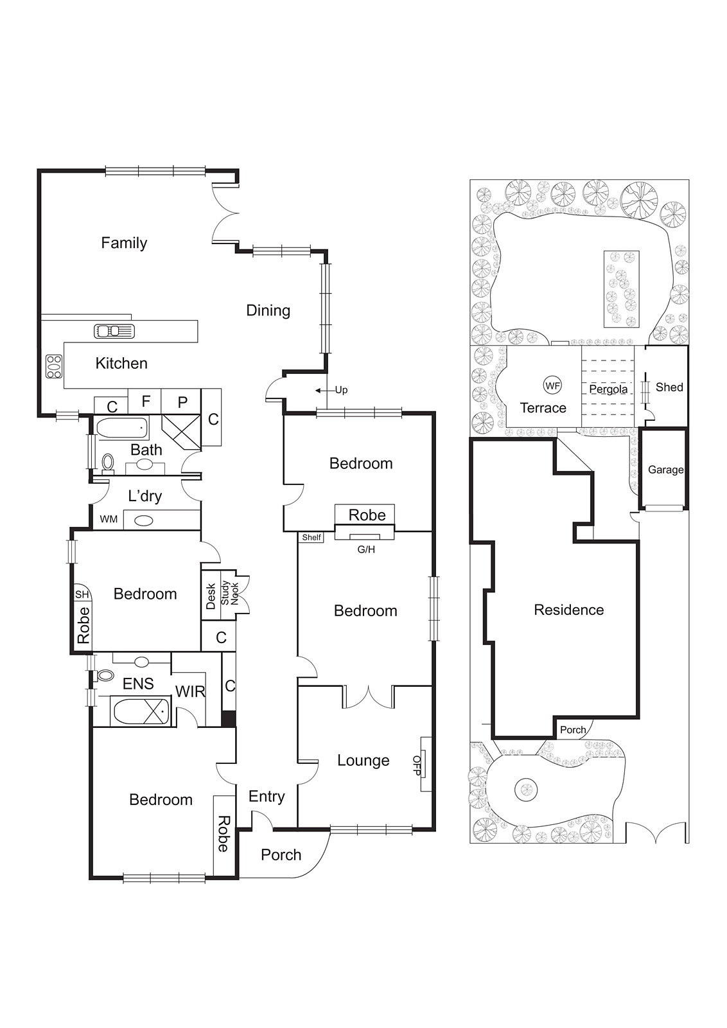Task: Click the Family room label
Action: point(124,243)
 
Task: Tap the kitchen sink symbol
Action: point(115,331)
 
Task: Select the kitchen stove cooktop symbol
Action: point(53,366)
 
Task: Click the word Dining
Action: point(268,310)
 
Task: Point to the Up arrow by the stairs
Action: point(320,390)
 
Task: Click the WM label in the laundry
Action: point(109,519)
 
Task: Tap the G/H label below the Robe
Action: point(366,549)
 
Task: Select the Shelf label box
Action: point(311,537)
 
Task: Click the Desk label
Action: point(211,596)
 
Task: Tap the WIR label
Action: point(190,692)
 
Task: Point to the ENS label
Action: point(138,684)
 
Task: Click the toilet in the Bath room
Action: point(108,461)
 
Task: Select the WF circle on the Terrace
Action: point(552,385)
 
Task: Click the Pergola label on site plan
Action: point(608,389)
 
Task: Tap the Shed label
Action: point(669,387)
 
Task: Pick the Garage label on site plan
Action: point(665,470)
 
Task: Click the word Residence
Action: point(568,610)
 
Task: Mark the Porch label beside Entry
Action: point(281,855)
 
